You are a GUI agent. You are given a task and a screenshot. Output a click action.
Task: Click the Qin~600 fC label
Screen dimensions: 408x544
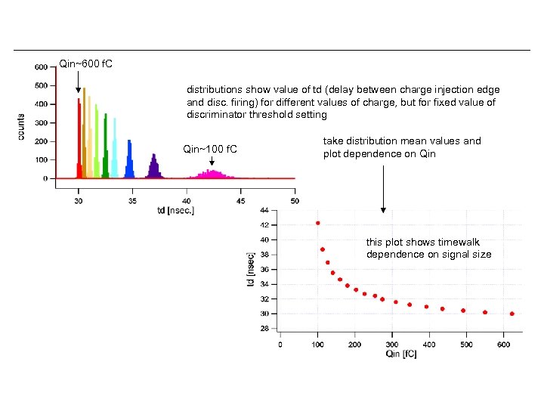click(85, 63)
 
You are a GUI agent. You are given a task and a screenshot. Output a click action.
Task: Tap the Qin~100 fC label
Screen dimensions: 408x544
click(210, 149)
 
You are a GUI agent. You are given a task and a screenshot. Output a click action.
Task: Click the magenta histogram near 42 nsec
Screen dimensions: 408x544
click(214, 174)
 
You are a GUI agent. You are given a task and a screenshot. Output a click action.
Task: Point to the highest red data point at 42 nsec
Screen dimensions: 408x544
click(318, 223)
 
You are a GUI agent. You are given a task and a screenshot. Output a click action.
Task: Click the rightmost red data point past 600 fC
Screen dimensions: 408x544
click(512, 314)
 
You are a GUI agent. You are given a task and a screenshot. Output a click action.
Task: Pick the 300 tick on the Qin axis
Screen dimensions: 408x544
click(391, 344)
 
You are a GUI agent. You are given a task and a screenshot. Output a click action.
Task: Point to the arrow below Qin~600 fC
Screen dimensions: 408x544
click(78, 82)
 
